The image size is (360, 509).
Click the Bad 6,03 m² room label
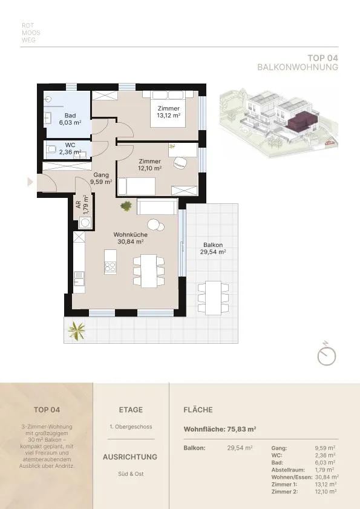[x=70, y=119]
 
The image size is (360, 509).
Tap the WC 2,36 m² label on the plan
[x=70, y=149]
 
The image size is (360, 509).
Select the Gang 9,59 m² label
[x=101, y=179]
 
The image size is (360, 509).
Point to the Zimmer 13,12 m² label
[x=168, y=112]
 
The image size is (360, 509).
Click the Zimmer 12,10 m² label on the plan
[x=149, y=165]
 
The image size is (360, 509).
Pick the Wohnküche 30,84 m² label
[x=131, y=238]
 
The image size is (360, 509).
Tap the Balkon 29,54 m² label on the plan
[x=213, y=248]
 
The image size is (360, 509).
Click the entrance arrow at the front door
[x=30, y=182]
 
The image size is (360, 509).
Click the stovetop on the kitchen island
[x=110, y=267]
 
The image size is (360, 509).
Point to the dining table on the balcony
[x=213, y=298]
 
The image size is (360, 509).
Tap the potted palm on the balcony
[x=77, y=331]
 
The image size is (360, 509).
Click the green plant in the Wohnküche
[x=126, y=206]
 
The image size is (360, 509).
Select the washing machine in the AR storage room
[x=85, y=223]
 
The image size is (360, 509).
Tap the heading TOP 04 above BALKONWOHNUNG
[x=322, y=58]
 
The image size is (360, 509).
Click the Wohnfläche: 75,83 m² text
[x=220, y=429]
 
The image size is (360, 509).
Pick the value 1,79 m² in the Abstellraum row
[x=325, y=470]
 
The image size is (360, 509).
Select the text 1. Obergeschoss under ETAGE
[x=131, y=427]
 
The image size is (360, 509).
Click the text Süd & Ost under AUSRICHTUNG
[x=131, y=474]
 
